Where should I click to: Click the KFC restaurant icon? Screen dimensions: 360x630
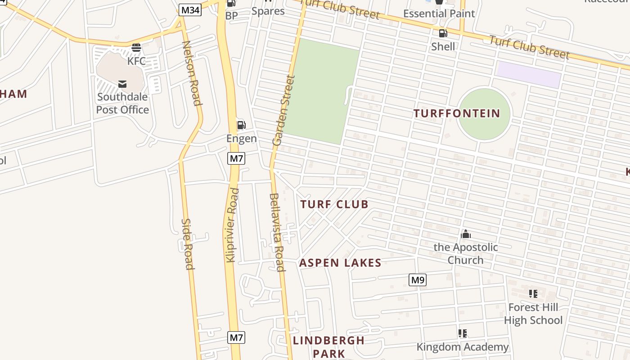[136, 47]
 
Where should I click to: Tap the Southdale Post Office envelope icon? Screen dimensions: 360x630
[122, 84]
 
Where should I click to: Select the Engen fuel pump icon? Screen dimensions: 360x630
[242, 125]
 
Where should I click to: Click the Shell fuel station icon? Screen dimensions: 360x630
[443, 33]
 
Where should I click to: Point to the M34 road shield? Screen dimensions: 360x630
[189, 10]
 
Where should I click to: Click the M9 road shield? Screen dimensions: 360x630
[418, 280]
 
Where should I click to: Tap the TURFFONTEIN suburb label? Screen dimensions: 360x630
[457, 113]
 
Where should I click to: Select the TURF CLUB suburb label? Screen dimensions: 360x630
[334, 205]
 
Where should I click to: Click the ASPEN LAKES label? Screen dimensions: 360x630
[340, 263]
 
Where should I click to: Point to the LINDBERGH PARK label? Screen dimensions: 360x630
[329, 346]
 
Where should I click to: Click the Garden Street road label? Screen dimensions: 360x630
[284, 110]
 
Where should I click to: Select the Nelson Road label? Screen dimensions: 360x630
[191, 73]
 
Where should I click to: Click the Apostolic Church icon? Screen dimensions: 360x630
[466, 234]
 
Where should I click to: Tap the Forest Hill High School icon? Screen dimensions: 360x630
[533, 294]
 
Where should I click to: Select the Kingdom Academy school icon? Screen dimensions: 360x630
[462, 333]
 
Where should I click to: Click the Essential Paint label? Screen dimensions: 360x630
[439, 13]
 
